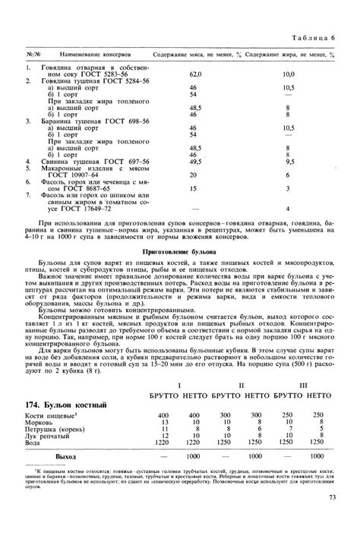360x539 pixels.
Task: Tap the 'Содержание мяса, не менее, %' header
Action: [196, 55]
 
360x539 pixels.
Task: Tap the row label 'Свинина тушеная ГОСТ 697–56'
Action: [91, 162]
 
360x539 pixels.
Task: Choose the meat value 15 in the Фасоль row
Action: [193, 188]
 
